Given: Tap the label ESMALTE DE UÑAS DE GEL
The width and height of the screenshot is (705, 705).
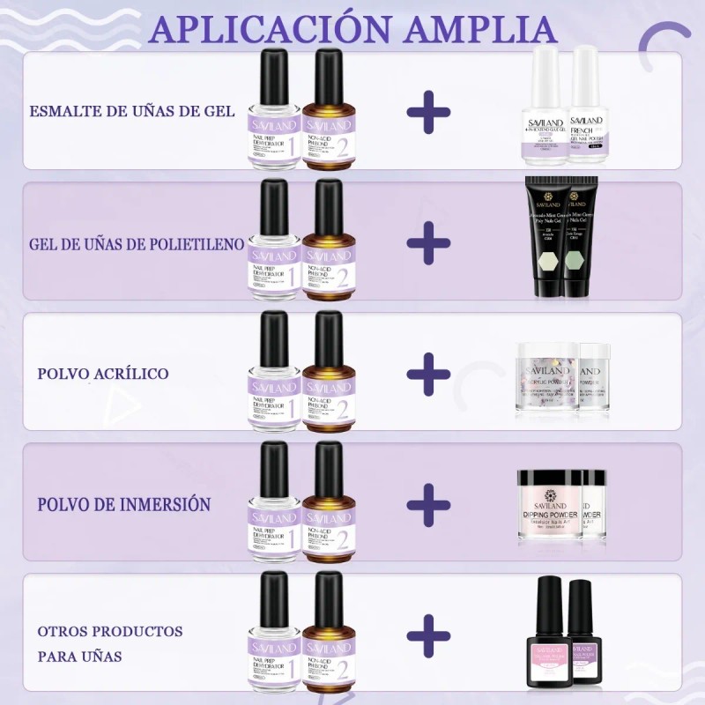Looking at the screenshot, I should click(131, 111).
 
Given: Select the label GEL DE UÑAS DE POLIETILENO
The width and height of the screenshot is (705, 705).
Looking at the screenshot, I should click(137, 242).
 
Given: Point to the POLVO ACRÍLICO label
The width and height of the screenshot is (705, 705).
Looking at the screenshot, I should click(103, 373).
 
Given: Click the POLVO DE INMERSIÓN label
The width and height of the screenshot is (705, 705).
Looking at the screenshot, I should click(123, 505).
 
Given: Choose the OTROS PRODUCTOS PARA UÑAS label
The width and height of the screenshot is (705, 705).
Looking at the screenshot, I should click(110, 644).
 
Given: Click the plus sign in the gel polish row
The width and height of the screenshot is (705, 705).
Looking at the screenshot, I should click(429, 112).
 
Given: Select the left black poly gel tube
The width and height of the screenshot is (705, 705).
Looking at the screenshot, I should click(545, 238).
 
